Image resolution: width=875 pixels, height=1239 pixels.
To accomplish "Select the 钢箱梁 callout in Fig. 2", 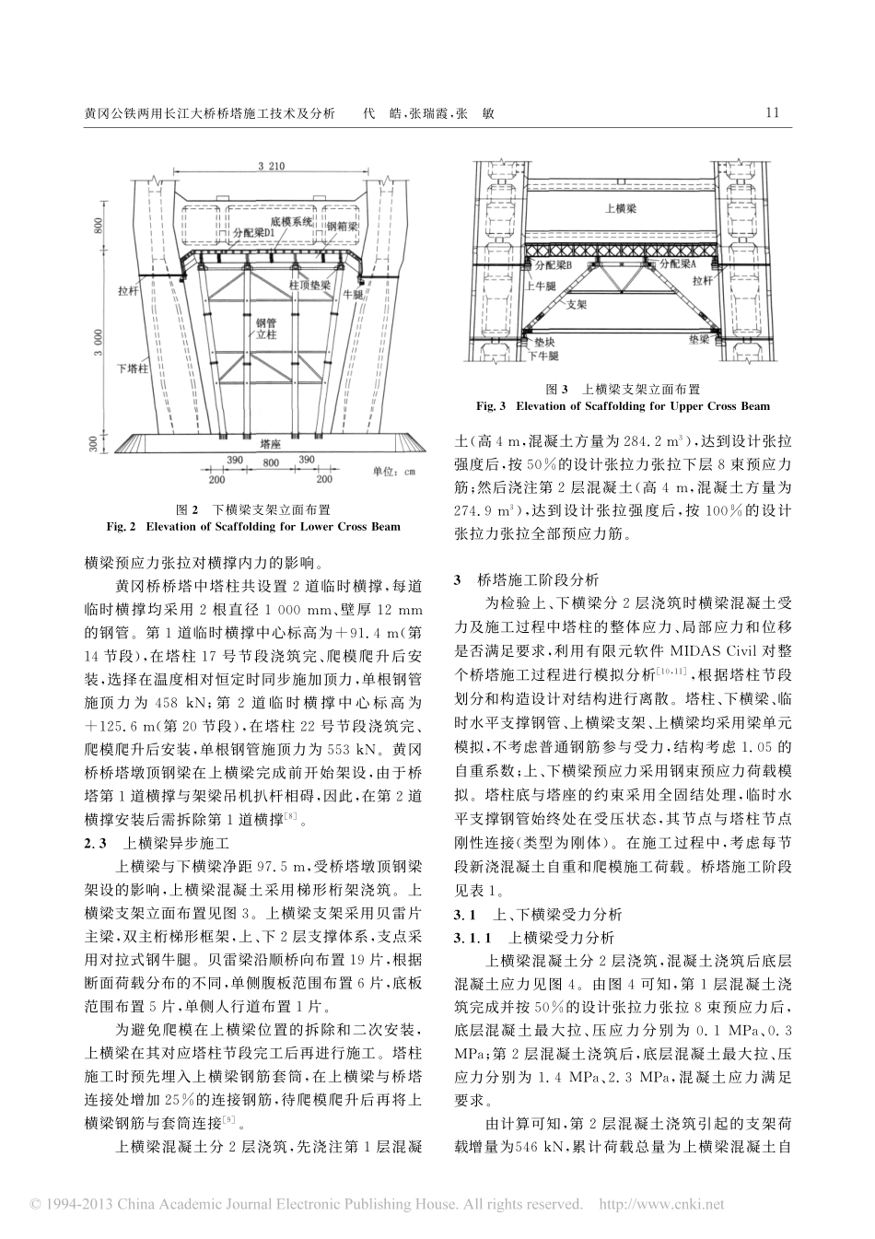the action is [x=342, y=226].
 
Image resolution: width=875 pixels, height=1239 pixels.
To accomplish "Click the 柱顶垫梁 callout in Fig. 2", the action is [x=309, y=286].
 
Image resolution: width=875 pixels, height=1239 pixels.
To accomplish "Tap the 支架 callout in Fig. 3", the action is [x=575, y=300].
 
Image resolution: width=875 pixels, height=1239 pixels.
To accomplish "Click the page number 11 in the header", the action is [x=772, y=113].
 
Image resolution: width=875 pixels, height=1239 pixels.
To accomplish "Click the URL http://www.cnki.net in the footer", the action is [x=661, y=1204].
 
